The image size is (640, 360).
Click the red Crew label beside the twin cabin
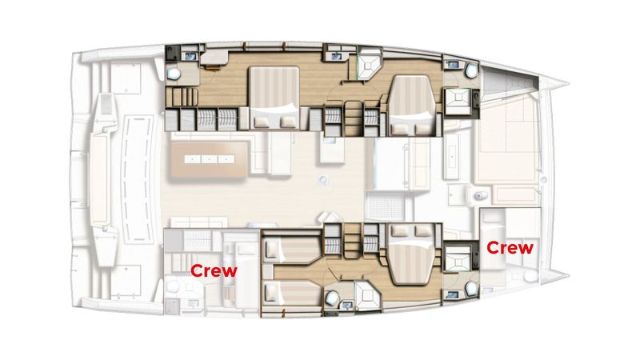214,270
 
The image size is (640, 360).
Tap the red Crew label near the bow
510,247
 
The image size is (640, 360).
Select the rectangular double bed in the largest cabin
274,98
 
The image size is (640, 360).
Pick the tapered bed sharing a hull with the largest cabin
412,106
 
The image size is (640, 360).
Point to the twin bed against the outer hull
291,293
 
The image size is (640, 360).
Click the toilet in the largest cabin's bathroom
174,74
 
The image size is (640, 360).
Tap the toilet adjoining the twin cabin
331,298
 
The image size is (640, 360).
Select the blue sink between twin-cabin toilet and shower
347,305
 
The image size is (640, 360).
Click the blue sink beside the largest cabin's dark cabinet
190,56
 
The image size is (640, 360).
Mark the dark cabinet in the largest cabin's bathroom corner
172,54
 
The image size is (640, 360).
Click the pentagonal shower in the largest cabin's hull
369,65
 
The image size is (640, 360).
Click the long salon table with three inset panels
210,159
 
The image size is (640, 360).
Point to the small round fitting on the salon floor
323,179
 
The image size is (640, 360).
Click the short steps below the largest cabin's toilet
182,97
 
